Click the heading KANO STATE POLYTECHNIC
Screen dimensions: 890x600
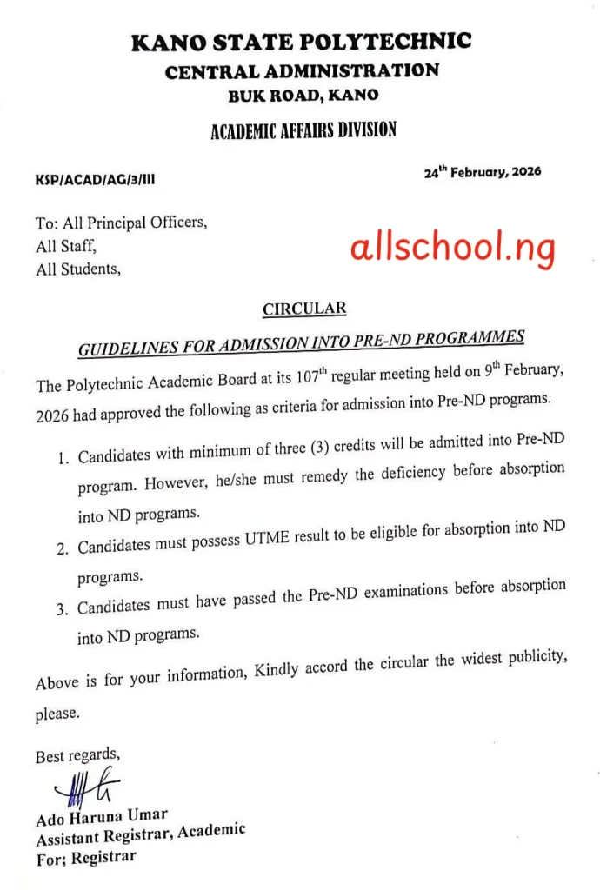click(301, 42)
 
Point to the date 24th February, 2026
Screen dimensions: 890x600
click(482, 172)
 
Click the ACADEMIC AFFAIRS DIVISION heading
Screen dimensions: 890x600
click(303, 132)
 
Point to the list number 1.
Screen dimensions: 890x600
click(63, 458)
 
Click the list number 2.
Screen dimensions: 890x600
click(63, 548)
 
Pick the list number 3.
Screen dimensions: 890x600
click(63, 608)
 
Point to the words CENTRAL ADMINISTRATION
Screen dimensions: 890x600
click(302, 71)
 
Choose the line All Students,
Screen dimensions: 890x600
click(78, 269)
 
